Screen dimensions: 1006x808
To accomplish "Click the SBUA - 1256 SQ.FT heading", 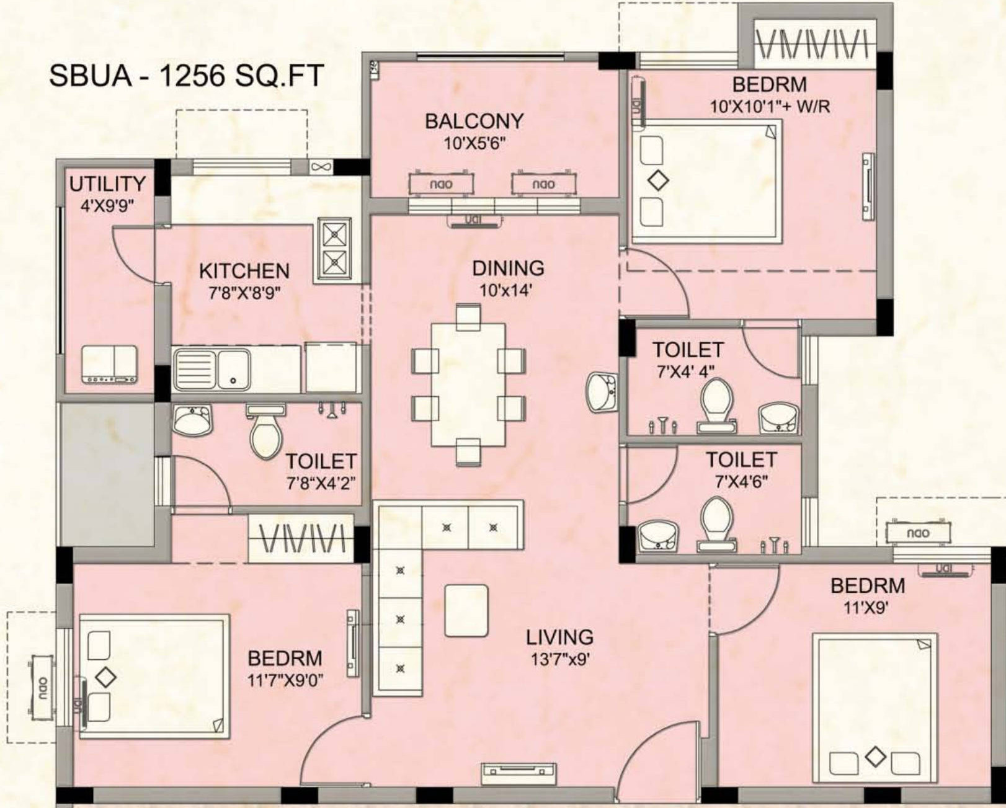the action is point(187,76).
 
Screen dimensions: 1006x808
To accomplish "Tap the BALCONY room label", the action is point(474,122).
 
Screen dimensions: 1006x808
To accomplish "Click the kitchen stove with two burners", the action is point(335,249).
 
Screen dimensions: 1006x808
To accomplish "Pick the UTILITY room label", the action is point(107,184).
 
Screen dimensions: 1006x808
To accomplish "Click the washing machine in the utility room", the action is point(110,365).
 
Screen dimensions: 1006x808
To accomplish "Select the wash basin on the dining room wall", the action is point(602,392).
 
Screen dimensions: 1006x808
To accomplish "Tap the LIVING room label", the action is point(559,637).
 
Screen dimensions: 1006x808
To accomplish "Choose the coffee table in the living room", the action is point(466,610).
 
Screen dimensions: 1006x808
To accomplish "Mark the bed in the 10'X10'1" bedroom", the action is point(706,181).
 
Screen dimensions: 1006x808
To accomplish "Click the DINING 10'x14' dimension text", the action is point(506,291).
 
